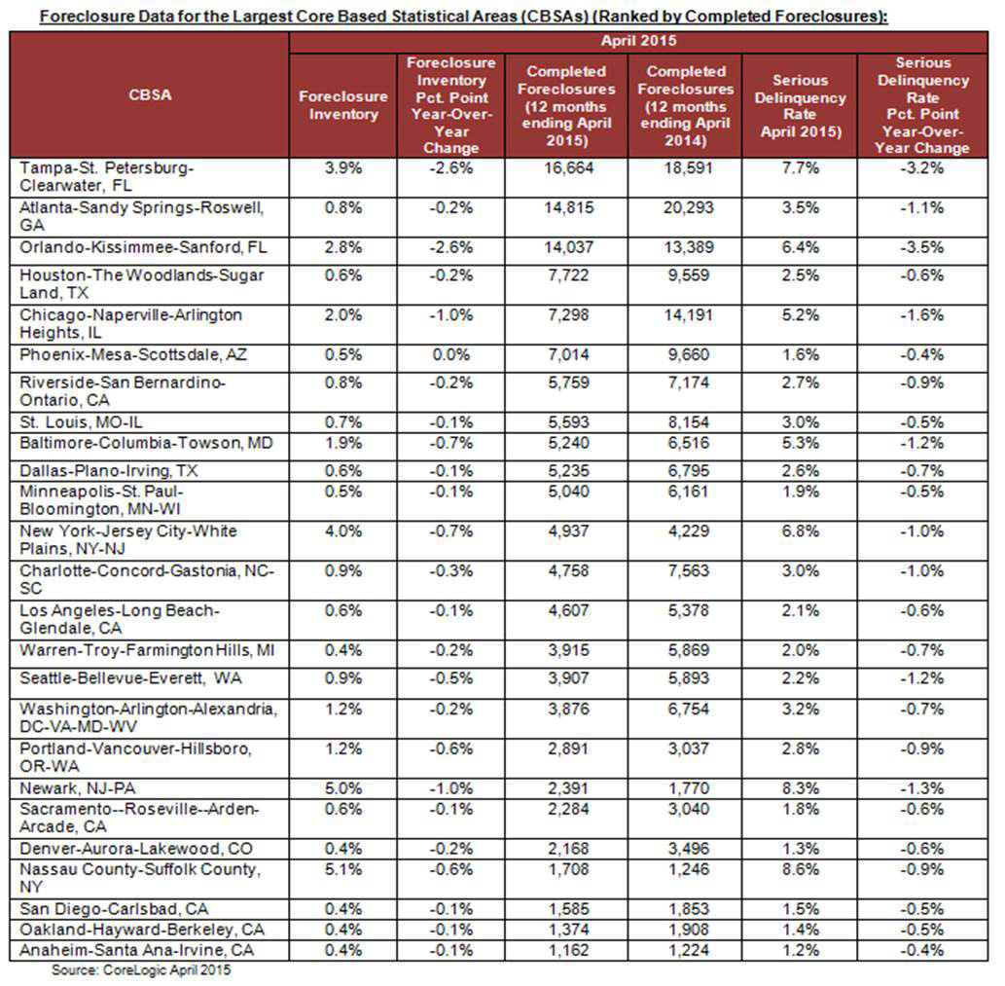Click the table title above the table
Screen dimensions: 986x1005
502,17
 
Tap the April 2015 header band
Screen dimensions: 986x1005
639,42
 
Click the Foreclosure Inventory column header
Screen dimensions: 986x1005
342,105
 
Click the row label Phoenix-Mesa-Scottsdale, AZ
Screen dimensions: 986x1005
133,354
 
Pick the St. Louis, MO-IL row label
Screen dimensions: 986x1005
80,421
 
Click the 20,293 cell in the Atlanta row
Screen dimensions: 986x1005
686,208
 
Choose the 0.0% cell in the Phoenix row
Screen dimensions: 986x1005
452,354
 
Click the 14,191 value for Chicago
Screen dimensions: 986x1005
686,315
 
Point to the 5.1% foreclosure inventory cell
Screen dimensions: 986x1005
342,868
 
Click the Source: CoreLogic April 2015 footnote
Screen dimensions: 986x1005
141,969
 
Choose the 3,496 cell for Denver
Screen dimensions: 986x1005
686,849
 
